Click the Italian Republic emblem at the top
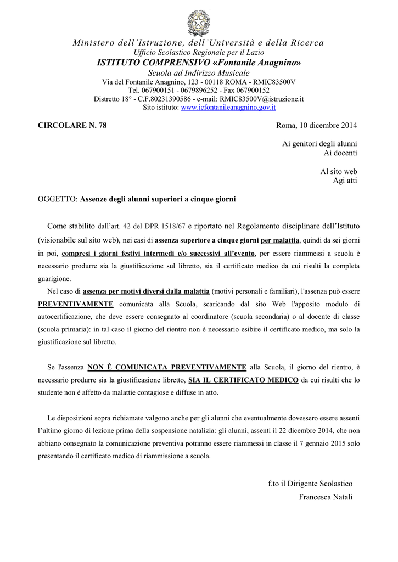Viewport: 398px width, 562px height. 199,23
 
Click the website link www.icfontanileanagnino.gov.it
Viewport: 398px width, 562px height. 228,108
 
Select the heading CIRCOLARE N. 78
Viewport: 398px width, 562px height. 72,126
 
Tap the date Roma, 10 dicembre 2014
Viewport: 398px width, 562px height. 317,126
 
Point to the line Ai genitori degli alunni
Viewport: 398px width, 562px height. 319,143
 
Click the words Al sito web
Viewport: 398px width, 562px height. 339,172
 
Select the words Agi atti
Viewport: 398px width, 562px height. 345,181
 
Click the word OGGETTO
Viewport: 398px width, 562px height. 57,199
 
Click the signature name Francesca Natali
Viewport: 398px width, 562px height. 326,497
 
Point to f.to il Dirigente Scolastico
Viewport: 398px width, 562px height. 310,484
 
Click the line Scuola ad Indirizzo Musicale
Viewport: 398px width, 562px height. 199,73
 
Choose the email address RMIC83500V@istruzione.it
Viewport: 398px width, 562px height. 262,99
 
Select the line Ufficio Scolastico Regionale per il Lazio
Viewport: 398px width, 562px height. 199,52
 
